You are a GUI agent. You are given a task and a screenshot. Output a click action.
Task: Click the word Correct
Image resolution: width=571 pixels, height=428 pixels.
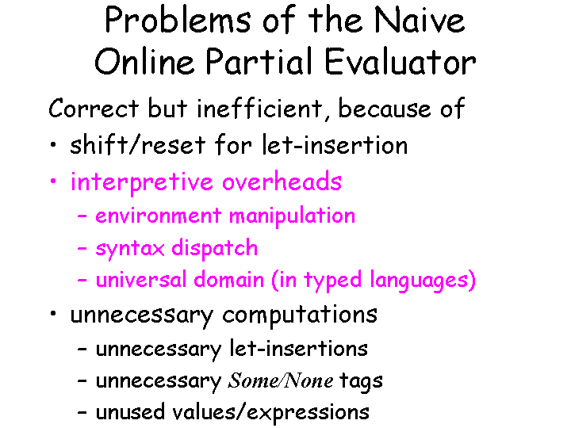click(94, 109)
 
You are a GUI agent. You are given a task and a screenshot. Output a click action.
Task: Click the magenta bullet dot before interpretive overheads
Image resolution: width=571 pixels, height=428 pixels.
click(52, 183)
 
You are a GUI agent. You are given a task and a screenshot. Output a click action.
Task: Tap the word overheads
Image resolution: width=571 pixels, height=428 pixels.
click(282, 182)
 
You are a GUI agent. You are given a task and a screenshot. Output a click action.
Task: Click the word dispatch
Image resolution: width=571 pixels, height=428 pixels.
click(220, 248)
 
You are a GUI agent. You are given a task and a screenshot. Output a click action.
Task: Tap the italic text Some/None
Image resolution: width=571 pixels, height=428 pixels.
click(280, 380)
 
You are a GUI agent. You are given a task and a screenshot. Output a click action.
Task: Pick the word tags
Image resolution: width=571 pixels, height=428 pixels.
click(361, 381)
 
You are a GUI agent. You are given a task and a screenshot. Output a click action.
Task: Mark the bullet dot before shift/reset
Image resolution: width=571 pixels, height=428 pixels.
click(52, 146)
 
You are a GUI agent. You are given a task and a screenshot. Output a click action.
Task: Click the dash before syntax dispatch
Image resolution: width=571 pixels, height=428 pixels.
click(82, 249)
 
